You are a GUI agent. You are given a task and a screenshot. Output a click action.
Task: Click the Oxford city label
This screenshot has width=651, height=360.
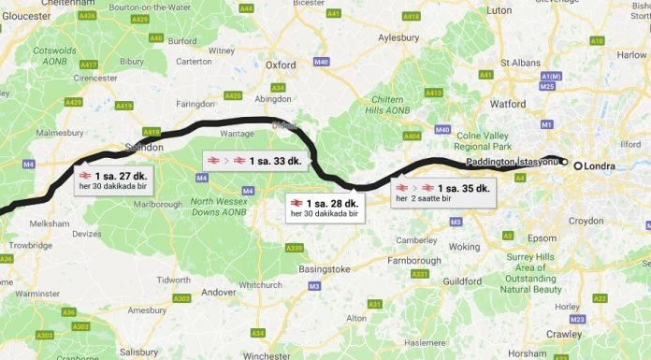pos(281,65)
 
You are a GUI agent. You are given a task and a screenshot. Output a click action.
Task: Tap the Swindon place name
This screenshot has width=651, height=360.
pos(144,148)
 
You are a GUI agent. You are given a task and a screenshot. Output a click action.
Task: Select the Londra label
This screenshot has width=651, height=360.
pos(602,166)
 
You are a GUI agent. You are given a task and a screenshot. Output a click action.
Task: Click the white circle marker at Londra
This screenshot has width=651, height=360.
pos(578,166)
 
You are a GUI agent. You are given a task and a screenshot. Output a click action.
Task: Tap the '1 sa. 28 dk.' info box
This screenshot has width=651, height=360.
pos(325,207)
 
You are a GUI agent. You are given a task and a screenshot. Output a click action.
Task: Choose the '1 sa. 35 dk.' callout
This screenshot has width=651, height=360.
pos(442,193)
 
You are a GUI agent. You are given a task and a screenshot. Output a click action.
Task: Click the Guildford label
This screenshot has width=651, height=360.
pos(462,281)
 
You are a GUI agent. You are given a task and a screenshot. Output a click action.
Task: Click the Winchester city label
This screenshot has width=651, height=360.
pos(267,355)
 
